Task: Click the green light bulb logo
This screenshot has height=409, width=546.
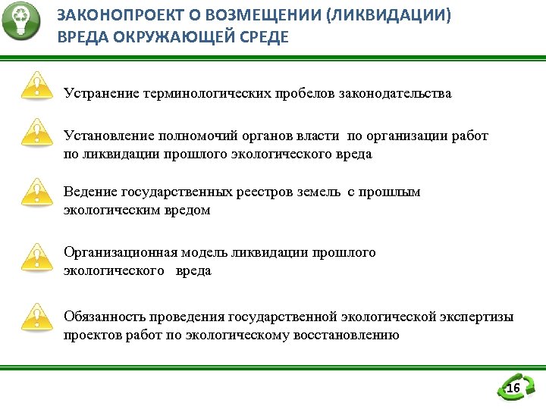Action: point(22,23)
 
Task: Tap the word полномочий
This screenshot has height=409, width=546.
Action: point(199,136)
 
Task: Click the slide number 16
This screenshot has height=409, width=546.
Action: point(513,389)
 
